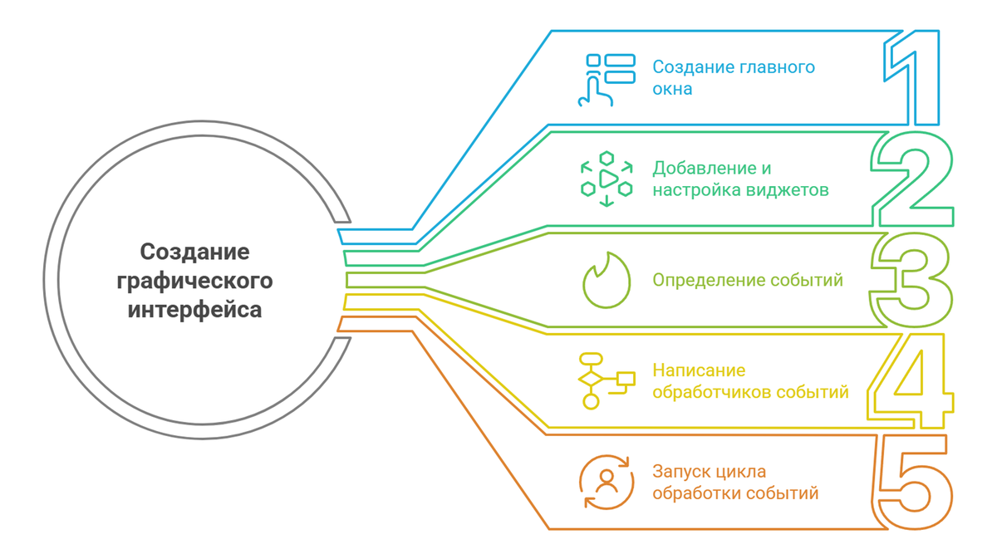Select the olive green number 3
pos(912,281)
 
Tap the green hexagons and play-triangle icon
pos(607,179)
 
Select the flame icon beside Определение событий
pos(607,281)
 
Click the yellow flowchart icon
pos(607,380)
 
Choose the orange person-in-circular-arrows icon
pos(607,482)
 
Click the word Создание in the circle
pos(194,251)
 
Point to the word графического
pos(194,281)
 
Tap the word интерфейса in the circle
pos(194,310)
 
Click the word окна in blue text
pos(672,89)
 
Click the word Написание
pos(699,370)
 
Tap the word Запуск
pos(679,472)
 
